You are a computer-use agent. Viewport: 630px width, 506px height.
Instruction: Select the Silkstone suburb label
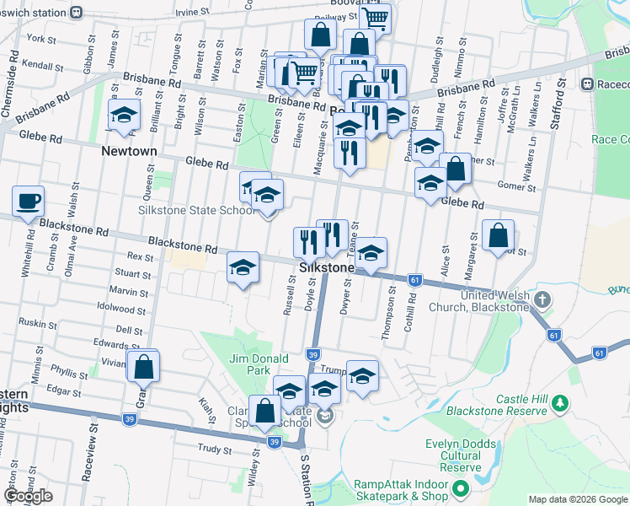325,267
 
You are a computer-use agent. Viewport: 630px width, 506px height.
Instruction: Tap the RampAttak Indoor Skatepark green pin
460,489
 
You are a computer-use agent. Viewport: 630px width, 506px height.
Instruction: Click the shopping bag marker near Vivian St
143,366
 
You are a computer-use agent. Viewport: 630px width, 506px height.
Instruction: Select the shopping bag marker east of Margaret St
499,236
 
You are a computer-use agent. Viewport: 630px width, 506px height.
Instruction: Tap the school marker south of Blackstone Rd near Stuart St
243,268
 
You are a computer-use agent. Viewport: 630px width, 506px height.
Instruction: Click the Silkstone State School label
197,210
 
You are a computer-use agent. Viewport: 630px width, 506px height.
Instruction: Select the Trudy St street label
214,449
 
